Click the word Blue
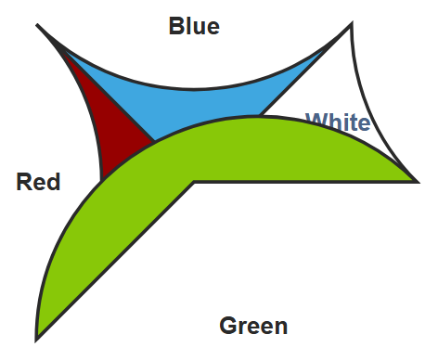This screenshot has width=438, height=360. pyautogui.click(x=194, y=26)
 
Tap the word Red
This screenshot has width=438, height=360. pyautogui.click(x=38, y=182)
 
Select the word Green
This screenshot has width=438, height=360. pyautogui.click(x=253, y=326)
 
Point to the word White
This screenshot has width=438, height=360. pyautogui.click(x=338, y=122)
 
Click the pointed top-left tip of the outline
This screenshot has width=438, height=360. pyautogui.click(x=36, y=24)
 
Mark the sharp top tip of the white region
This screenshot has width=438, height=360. pyautogui.click(x=352, y=23)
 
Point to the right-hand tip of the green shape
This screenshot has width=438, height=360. pyautogui.click(x=419, y=182)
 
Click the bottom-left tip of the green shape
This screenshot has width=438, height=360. pyautogui.click(x=36, y=341)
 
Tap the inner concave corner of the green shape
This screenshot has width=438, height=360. pyautogui.click(x=194, y=182)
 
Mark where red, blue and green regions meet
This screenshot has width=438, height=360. pyautogui.click(x=154, y=142)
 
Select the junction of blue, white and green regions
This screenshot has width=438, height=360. pyautogui.click(x=259, y=116)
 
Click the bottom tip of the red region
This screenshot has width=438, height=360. pyautogui.click(x=101, y=180)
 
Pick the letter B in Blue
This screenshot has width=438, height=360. pyautogui.click(x=176, y=26)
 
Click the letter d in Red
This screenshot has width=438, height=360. pyautogui.click(x=54, y=182)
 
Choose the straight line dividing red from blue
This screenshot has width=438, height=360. pyautogui.click(x=109, y=96)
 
